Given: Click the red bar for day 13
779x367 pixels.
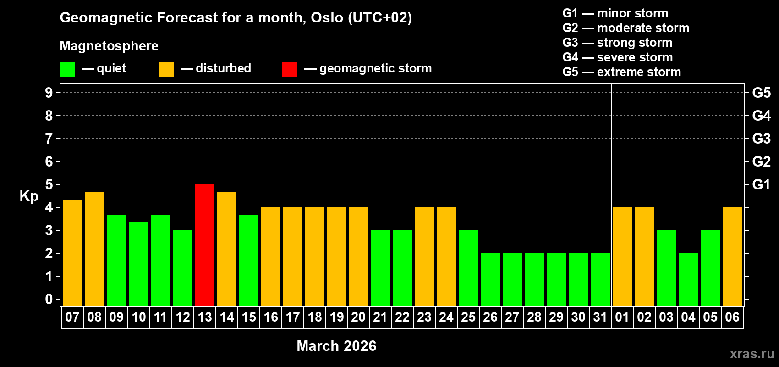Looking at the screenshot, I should pyautogui.click(x=205, y=245).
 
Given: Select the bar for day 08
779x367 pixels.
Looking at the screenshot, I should pyautogui.click(x=95, y=249).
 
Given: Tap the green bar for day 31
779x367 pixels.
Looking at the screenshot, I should pyautogui.click(x=601, y=279).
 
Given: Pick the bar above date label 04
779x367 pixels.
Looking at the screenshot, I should pyautogui.click(x=689, y=279).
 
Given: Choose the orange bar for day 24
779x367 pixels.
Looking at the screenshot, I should pyautogui.click(x=447, y=256).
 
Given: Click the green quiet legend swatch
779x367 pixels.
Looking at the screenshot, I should pyautogui.click(x=67, y=69).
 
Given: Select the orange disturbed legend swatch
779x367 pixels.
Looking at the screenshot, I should pyautogui.click(x=166, y=69).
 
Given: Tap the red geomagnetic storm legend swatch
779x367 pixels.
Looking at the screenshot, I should pyautogui.click(x=290, y=69).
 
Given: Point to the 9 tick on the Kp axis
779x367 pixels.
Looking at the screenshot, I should pyautogui.click(x=49, y=93).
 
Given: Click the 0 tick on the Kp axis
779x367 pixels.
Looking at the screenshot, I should pyautogui.click(x=49, y=299).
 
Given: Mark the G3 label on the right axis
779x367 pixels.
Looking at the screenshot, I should pyautogui.click(x=761, y=139).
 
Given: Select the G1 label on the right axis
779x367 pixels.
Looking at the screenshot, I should pyautogui.click(x=761, y=184).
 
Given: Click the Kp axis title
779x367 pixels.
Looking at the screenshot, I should pyautogui.click(x=29, y=196).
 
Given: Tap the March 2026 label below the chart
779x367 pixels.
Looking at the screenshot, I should pyautogui.click(x=336, y=346).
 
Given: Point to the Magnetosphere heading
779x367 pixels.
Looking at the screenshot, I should pyautogui.click(x=109, y=46).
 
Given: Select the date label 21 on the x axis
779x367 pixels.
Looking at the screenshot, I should pyautogui.click(x=380, y=317).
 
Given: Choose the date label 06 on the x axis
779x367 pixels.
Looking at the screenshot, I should pyautogui.click(x=732, y=317).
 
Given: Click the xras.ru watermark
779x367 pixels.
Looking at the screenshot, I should pyautogui.click(x=752, y=354).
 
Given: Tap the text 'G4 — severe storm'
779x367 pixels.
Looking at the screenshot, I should pyautogui.click(x=617, y=57).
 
